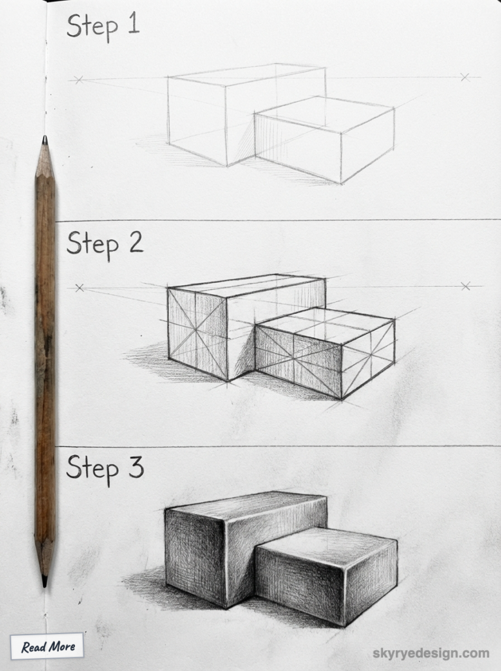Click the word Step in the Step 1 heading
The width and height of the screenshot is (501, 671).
coord(92,27)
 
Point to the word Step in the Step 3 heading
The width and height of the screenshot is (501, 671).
coord(93,469)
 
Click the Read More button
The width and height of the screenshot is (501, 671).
coord(47,646)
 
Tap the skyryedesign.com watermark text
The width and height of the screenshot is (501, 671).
coord(431,653)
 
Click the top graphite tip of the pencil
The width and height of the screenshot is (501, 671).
coord(44,141)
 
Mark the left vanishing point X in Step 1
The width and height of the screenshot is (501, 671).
coord(79,80)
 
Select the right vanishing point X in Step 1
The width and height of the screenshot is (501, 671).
coord(464,78)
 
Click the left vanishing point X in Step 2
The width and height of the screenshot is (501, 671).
coord(80,288)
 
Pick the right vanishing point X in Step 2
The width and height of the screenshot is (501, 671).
coord(465,286)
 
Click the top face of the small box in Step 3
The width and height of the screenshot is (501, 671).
coord(326,541)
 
